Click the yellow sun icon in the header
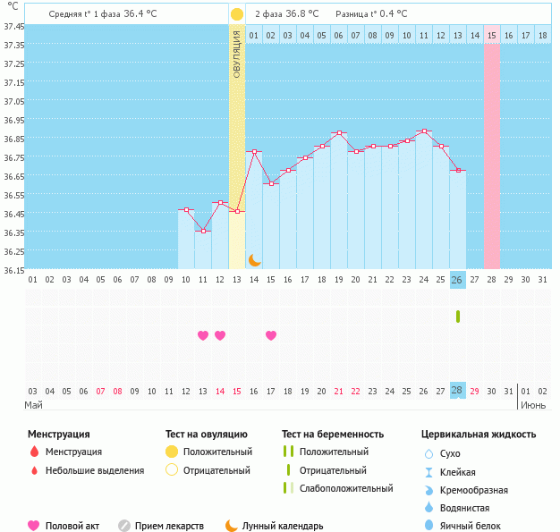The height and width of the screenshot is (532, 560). coord(236,14)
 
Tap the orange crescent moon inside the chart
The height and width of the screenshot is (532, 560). coord(254,259)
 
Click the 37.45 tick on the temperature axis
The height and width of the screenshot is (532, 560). coord(13,27)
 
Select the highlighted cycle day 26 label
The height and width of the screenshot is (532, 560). coord(457,280)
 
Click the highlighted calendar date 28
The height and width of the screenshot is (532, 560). coord(457,391)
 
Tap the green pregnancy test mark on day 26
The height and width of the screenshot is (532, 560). coord(457,317)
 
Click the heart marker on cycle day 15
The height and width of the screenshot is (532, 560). coord(271,335)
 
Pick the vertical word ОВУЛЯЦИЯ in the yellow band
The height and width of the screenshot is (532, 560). coord(237,54)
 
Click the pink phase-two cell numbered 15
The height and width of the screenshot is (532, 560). coord(492,35)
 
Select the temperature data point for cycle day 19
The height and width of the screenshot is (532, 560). coord(339,132)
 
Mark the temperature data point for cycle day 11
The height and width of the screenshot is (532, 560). coord(203,232)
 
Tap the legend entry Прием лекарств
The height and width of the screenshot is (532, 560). coord(169,526)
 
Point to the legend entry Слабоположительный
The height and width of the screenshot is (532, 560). coord(346,488)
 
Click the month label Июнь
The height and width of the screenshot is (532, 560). coord(534,405)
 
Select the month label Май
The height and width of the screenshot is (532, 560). coord(33,405)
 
